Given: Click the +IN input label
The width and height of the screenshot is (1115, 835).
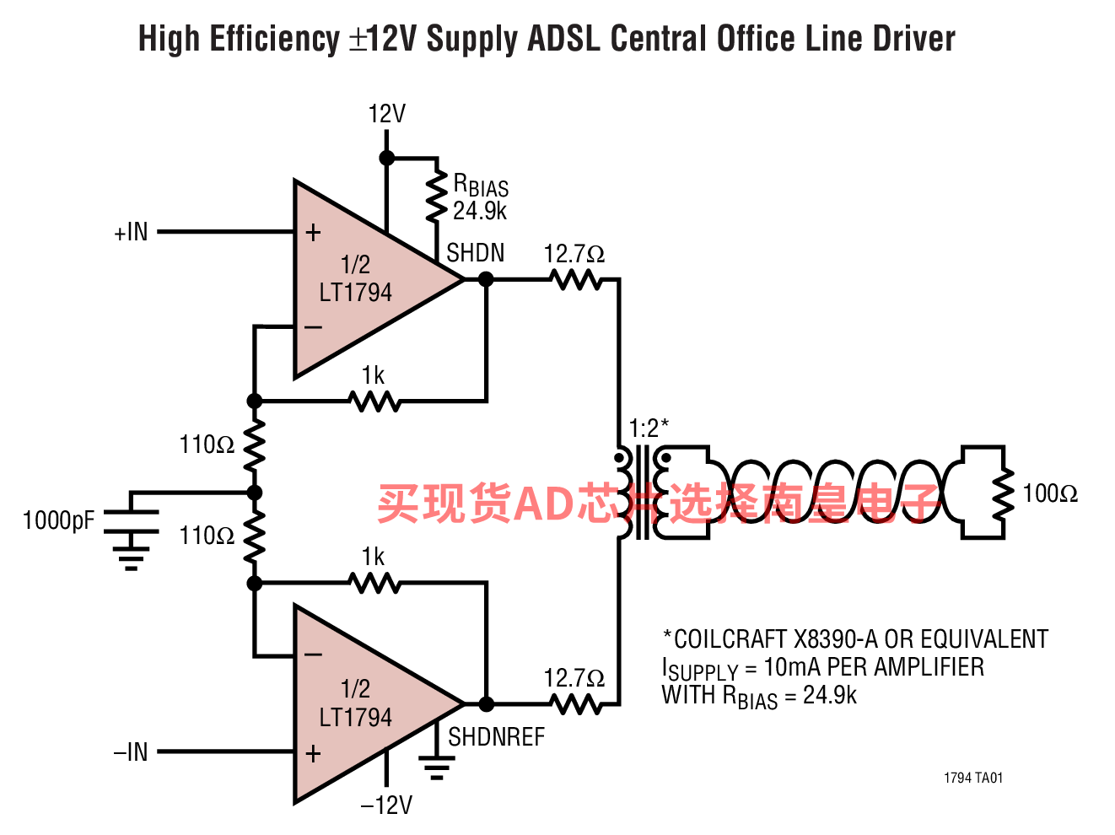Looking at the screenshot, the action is click(x=131, y=232).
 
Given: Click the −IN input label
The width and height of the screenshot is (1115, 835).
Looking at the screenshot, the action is click(x=131, y=752).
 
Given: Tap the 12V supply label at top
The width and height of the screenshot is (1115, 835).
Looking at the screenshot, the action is click(x=386, y=113).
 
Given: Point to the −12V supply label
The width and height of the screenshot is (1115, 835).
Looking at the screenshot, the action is click(x=386, y=805).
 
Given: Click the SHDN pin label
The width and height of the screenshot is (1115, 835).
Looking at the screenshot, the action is click(x=476, y=252).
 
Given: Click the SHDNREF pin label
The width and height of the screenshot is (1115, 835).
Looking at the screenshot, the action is click(x=496, y=736).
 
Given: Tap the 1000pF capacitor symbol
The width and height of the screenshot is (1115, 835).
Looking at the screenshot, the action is click(x=131, y=521).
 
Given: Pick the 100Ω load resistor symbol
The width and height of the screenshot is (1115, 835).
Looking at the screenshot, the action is click(x=1004, y=493).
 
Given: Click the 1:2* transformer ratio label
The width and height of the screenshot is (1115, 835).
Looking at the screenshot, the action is click(x=649, y=428).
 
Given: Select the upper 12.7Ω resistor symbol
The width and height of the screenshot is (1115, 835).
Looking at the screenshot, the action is click(x=576, y=280).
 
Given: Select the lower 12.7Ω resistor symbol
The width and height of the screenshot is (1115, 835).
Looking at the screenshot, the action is click(x=576, y=704).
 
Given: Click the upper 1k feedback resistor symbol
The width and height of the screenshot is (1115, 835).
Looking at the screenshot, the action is click(x=374, y=401).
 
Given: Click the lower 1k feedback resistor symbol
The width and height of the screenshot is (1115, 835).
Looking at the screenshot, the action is click(x=374, y=583).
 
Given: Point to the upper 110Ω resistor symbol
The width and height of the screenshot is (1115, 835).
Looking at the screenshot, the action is click(x=255, y=445).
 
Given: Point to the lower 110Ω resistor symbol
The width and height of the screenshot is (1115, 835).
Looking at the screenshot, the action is click(x=255, y=536).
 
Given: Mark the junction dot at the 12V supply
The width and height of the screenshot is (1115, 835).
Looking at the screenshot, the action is click(x=386, y=158).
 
